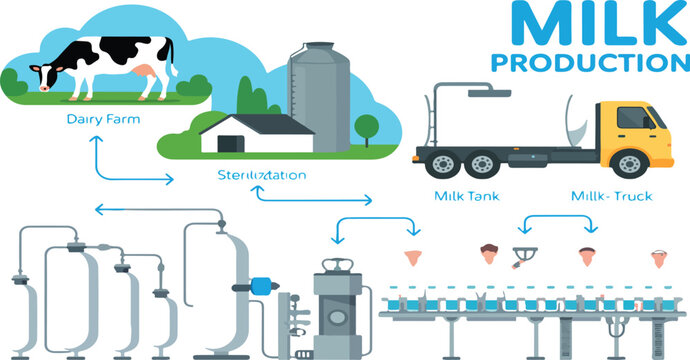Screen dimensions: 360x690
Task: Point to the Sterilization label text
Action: (x=261, y=174)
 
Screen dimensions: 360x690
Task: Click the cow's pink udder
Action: (x=146, y=71)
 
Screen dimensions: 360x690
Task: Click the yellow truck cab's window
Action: (x=636, y=119)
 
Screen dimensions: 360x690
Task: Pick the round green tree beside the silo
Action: (x=366, y=127)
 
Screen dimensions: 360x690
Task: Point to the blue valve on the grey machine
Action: (x=263, y=284)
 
